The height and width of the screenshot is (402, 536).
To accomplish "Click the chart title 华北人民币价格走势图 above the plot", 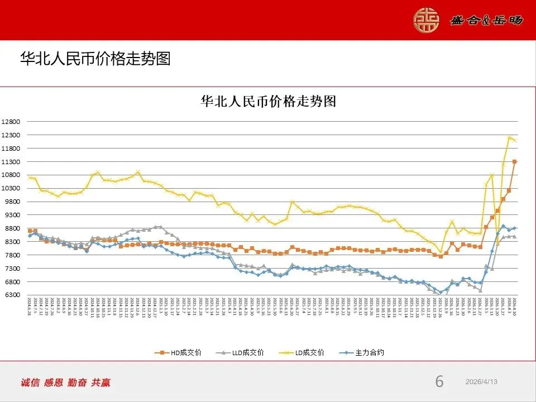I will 268,101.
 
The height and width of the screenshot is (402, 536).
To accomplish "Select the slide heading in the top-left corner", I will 95,59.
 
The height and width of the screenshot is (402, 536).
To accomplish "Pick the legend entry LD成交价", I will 307,352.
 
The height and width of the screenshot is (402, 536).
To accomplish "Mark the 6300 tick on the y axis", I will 12,295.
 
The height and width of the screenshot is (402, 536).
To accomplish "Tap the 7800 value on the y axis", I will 12,255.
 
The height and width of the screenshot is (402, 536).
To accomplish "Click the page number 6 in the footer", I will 439,382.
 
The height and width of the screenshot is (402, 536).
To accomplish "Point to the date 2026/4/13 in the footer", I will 481,381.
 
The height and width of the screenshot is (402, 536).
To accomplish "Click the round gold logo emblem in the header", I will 426,20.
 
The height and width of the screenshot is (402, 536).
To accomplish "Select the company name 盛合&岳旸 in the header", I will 486,20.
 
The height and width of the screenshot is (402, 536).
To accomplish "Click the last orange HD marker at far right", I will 514,162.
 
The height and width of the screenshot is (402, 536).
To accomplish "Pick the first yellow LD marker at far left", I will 30,178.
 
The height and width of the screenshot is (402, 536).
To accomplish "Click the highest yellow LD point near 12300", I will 509,137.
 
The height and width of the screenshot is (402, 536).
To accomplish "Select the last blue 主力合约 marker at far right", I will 514,228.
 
